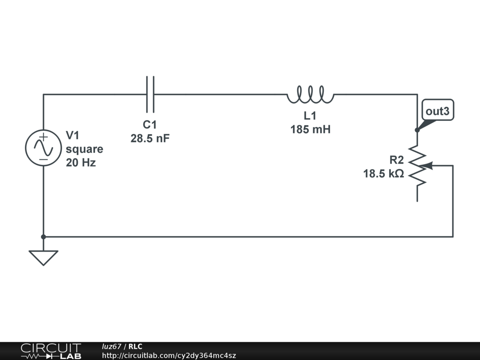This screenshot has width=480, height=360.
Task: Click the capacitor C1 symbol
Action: tap(150, 95)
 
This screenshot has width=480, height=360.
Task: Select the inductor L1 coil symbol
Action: tap(310, 95)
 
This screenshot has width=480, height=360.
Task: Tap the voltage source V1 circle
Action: tap(43, 148)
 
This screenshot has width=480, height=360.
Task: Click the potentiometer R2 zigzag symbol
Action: tap(417, 166)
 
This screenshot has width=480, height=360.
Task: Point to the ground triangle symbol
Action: tap(43, 257)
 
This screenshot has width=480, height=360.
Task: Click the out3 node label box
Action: tap(438, 112)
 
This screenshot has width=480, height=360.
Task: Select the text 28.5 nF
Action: tap(150, 139)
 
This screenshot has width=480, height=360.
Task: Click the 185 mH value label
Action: tap(310, 129)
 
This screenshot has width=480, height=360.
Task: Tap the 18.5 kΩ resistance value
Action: tap(383, 173)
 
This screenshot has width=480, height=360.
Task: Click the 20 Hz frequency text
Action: tap(81, 163)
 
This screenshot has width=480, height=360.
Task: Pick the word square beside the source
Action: tap(84, 150)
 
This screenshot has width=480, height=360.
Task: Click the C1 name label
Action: tap(150, 125)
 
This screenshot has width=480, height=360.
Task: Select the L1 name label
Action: tap(310, 116)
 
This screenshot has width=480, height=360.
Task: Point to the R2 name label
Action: tap(397, 159)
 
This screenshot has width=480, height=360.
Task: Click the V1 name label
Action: tap(73, 135)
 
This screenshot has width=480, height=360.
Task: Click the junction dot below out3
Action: tap(417, 130)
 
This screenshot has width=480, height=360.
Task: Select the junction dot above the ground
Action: tap(43, 237)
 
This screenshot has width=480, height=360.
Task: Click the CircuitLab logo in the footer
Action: tap(50, 351)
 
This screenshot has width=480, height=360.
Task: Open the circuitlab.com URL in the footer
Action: tap(169, 356)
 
